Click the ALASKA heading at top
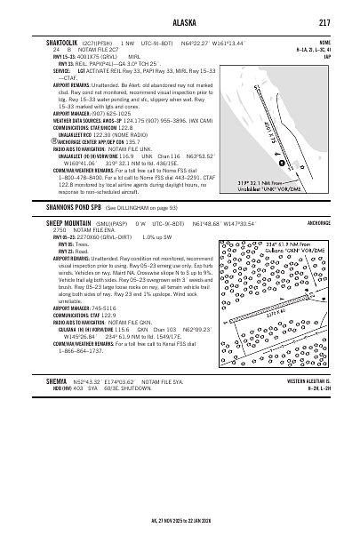tap(180, 22)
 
